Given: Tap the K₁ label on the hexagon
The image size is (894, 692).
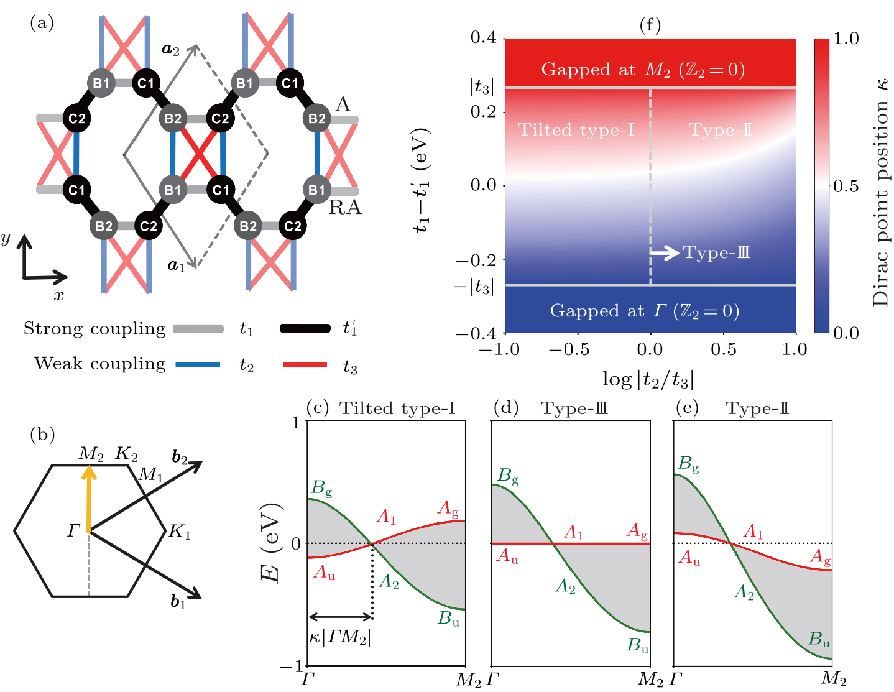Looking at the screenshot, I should click(x=180, y=532).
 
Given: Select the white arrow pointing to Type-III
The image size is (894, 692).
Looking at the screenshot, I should click(x=665, y=252).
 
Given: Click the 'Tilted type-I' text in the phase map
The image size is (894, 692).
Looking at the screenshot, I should click(x=576, y=130).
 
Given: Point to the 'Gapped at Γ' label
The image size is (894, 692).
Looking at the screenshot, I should click(x=644, y=311).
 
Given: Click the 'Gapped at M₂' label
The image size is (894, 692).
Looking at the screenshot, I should click(x=643, y=70).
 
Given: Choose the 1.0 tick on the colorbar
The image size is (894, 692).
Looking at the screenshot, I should click(x=846, y=39).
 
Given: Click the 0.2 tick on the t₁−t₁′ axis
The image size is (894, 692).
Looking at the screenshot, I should click(x=483, y=112).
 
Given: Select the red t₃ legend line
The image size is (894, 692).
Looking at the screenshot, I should click(x=305, y=364).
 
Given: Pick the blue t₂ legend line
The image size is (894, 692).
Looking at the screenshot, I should click(x=198, y=364).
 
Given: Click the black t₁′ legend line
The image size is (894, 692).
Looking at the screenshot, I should click(x=305, y=328).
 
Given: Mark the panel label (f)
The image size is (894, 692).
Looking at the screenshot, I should click(x=650, y=25).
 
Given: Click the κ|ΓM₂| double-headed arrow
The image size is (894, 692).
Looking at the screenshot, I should click(x=340, y=617).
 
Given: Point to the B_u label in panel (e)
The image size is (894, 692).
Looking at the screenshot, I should click(x=819, y=639).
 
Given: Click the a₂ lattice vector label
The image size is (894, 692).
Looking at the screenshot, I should click(x=170, y=50).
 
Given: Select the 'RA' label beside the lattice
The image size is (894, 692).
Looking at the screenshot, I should click(x=345, y=208).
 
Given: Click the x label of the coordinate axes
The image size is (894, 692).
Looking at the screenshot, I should click(x=58, y=295).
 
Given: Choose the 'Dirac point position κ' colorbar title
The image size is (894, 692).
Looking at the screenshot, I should click(x=881, y=193).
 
